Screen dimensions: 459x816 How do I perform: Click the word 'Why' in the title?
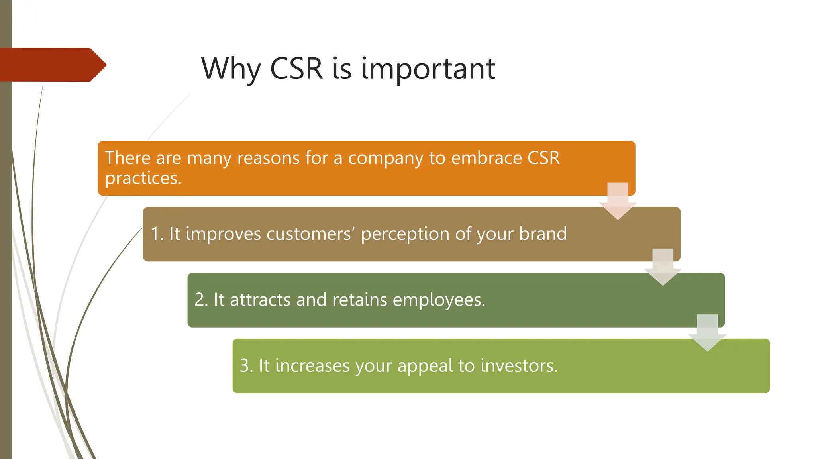coord(230,69)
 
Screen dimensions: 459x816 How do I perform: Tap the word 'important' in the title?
coord(428,69)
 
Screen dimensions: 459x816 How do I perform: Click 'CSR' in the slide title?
coord(296,69)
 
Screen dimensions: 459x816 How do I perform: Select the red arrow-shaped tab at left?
coord(52,65)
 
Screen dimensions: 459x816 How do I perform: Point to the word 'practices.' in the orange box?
coord(143,178)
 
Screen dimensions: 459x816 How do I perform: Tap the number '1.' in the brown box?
coord(157,234)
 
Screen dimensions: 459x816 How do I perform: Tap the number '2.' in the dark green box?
coord(201,300)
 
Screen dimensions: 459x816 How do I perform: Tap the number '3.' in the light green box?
coord(246,366)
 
